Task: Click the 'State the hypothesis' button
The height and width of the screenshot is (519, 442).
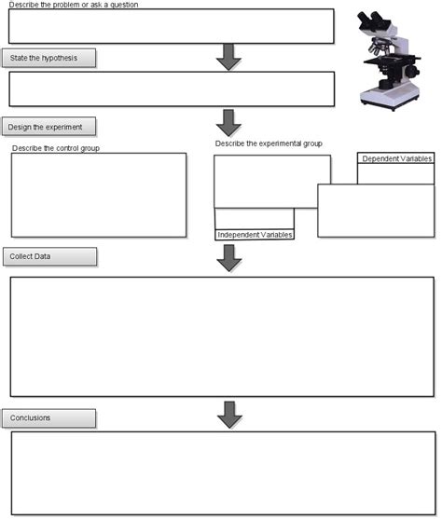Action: (49, 59)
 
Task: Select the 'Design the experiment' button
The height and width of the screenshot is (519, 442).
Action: (49, 126)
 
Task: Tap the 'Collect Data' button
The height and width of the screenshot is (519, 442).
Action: (49, 256)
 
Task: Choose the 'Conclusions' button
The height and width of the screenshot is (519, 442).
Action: (49, 417)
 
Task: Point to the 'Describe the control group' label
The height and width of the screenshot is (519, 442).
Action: (56, 147)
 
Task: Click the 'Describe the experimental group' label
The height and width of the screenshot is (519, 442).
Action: (269, 143)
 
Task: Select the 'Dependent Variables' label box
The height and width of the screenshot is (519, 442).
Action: (396, 159)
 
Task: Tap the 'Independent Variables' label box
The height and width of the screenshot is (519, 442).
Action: (255, 235)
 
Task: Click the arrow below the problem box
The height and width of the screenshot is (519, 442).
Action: (228, 57)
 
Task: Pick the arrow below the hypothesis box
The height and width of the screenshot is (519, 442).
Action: (228, 122)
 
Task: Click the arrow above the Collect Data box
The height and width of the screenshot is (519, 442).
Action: (228, 258)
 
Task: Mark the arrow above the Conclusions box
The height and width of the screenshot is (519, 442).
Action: (228, 415)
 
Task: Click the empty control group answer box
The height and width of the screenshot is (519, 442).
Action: (98, 195)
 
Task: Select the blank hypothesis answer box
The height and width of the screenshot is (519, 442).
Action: (171, 89)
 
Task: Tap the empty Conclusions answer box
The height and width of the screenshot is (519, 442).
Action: (221, 471)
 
